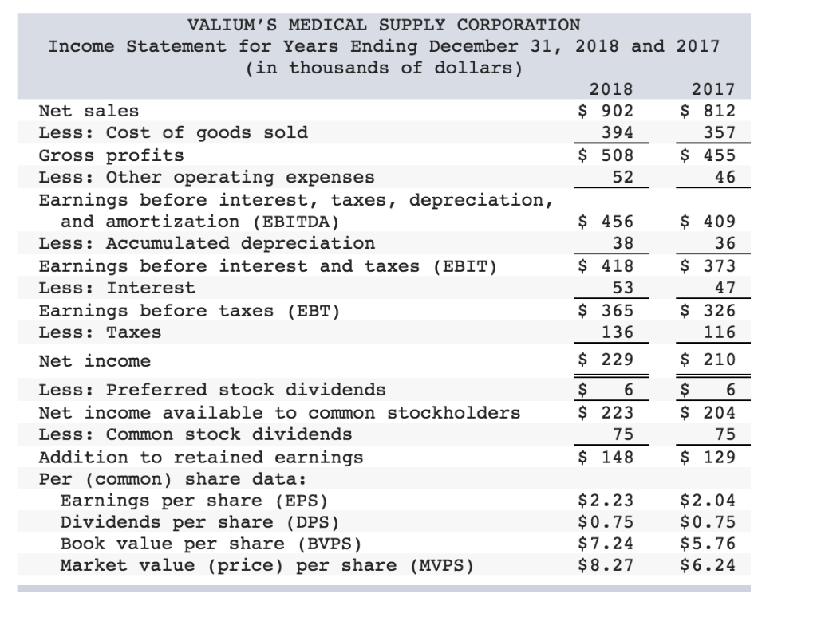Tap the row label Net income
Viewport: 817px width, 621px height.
coord(94,361)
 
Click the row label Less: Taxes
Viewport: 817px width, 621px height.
coord(100,332)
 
